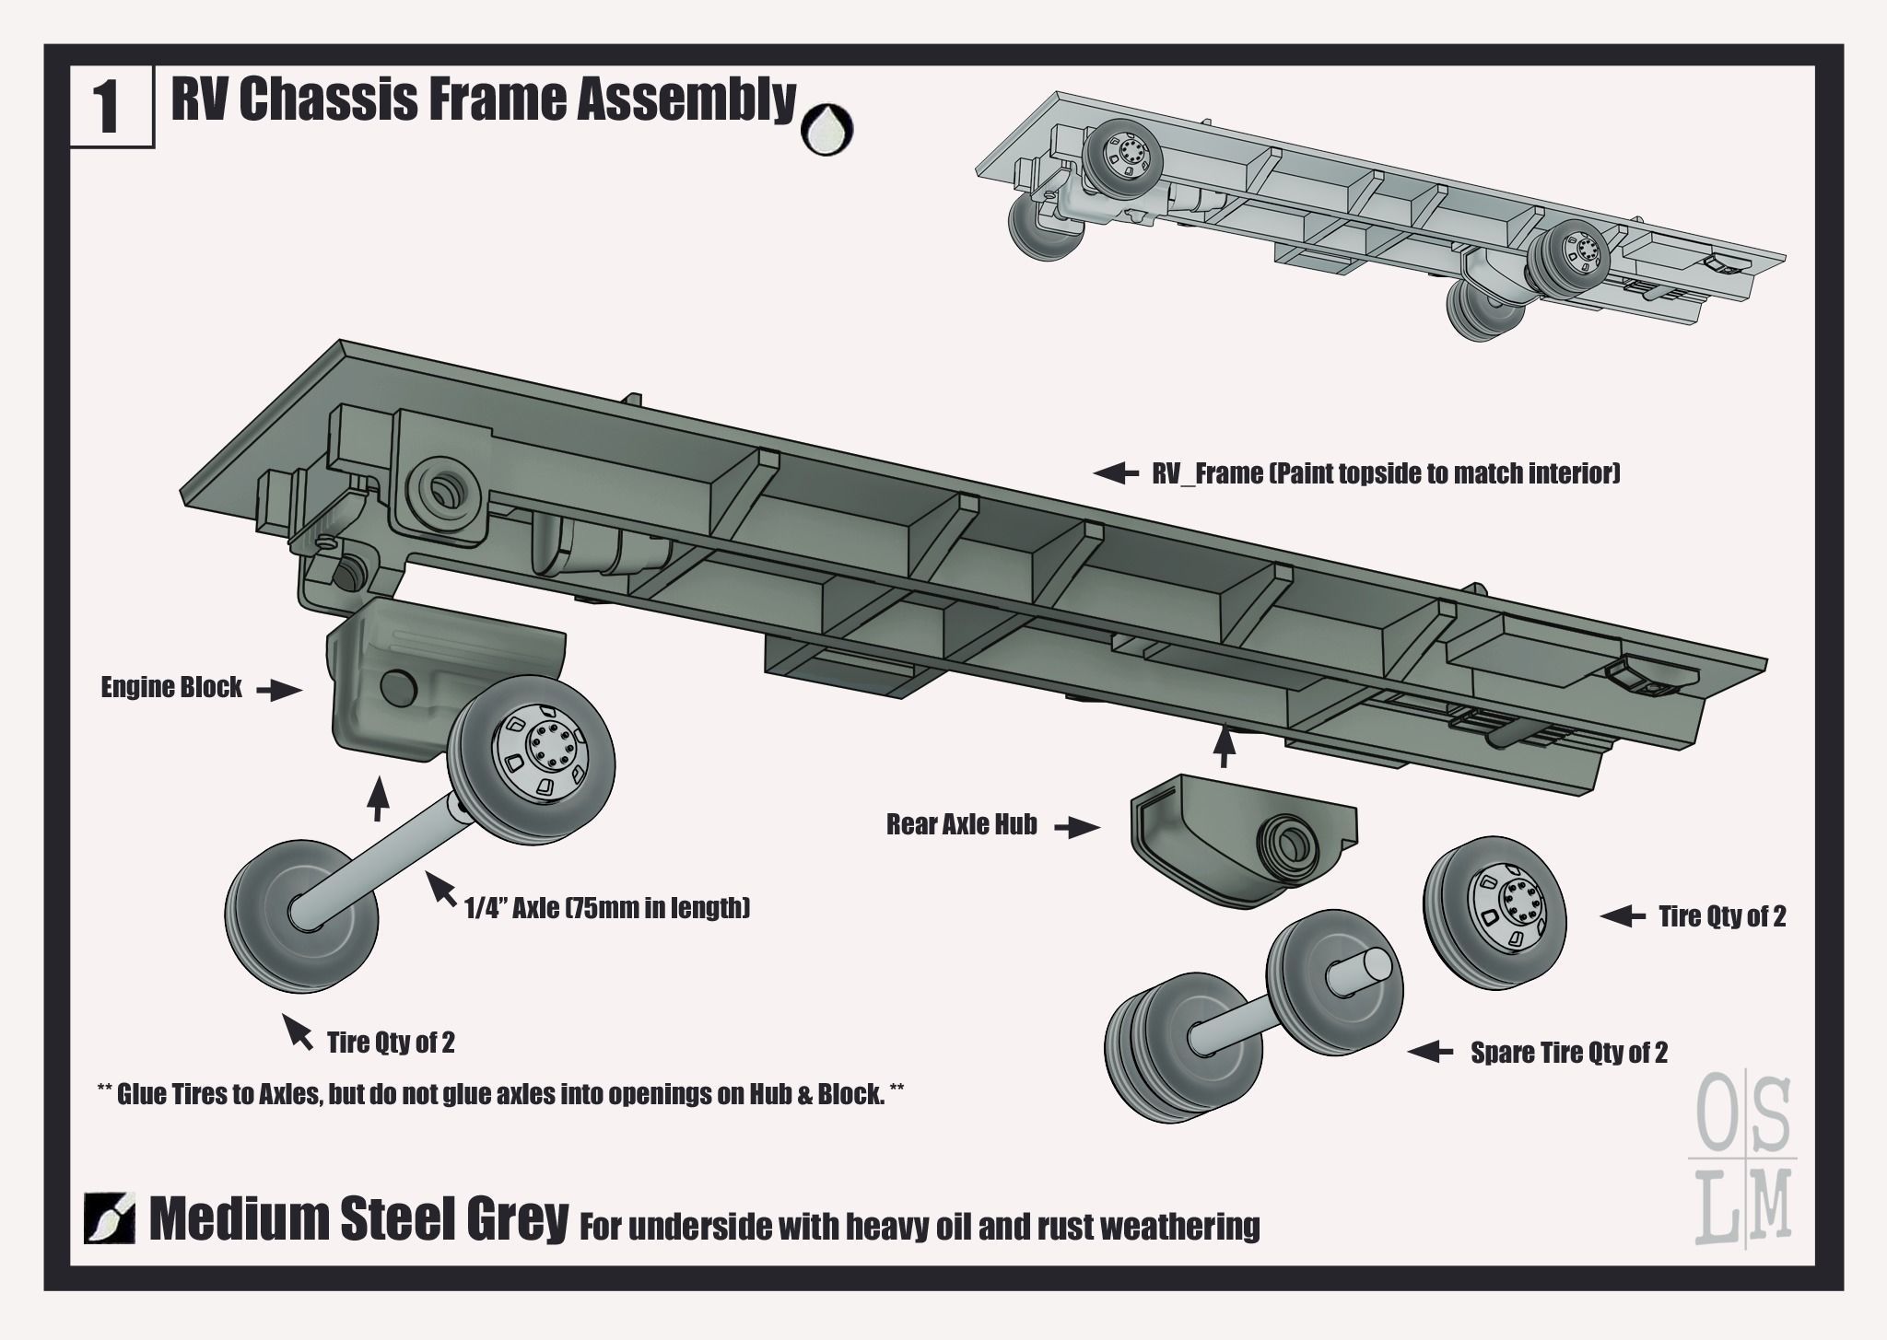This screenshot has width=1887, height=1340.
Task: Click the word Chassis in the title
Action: pyautogui.click(x=327, y=99)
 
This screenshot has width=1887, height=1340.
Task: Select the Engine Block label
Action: pyautogui.click(x=171, y=687)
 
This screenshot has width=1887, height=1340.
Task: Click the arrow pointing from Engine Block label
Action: pyautogui.click(x=279, y=690)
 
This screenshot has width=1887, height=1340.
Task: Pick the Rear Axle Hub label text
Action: pyautogui.click(x=962, y=824)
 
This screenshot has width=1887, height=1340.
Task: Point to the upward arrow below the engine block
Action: pyautogui.click(x=376, y=798)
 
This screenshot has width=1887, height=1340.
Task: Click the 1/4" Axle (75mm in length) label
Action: pyautogui.click(x=607, y=909)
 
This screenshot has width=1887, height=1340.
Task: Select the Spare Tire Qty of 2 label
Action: pyautogui.click(x=1568, y=1053)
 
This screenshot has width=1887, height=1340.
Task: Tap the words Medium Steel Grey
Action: pyautogui.click(x=358, y=1219)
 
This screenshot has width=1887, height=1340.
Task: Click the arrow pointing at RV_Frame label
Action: pyautogui.click(x=1116, y=473)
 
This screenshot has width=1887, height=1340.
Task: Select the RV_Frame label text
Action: pyautogui.click(x=1386, y=473)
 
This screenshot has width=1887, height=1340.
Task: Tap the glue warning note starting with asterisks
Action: pyautogui.click(x=499, y=1094)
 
